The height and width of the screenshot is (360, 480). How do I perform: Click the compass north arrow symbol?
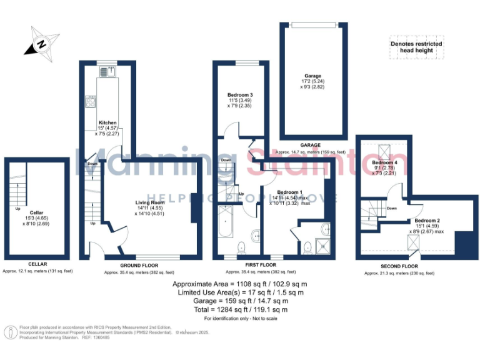pyautogui.click(x=39, y=44)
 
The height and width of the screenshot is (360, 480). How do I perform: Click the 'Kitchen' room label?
pyautogui.click(x=107, y=122)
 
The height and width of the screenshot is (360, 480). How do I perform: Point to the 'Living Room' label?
pyautogui.click(x=150, y=202)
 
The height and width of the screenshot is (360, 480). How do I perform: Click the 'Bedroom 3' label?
pyautogui.click(x=239, y=95)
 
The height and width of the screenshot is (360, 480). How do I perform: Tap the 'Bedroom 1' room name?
pyautogui.click(x=289, y=192)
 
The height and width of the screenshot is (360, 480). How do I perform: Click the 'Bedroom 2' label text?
pyautogui.click(x=426, y=221)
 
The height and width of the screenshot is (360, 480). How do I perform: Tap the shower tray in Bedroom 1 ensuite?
pyautogui.click(x=325, y=246)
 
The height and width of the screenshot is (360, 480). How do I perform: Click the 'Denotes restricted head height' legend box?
pyautogui.click(x=416, y=47)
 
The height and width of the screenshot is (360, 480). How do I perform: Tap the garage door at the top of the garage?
pyautogui.click(x=314, y=24)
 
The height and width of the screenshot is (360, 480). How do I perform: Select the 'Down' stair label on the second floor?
pyautogui.click(x=392, y=208)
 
